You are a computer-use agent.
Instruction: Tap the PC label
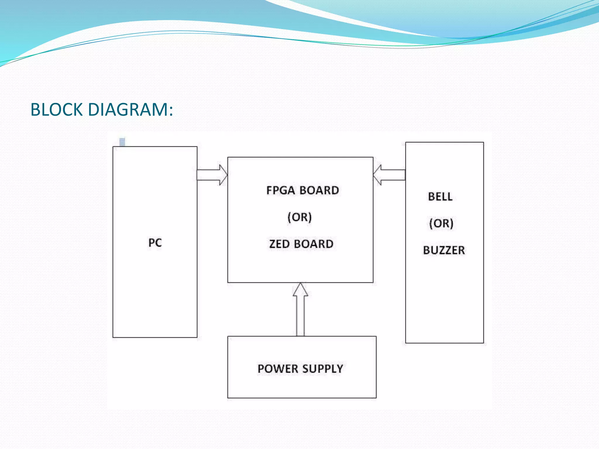tap(155, 243)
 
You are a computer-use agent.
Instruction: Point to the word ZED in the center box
tap(279, 244)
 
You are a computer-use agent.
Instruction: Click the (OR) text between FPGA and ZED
tap(299, 217)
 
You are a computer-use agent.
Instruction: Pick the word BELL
tap(440, 197)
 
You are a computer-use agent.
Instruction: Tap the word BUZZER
tap(444, 250)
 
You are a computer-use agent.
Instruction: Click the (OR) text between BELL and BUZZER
tap(441, 224)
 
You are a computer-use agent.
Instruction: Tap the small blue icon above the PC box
tap(122, 142)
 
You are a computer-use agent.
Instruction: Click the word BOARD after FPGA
tap(319, 191)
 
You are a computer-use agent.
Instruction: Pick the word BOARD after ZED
tap(314, 244)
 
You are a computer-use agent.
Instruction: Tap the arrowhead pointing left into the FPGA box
tap(378, 175)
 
